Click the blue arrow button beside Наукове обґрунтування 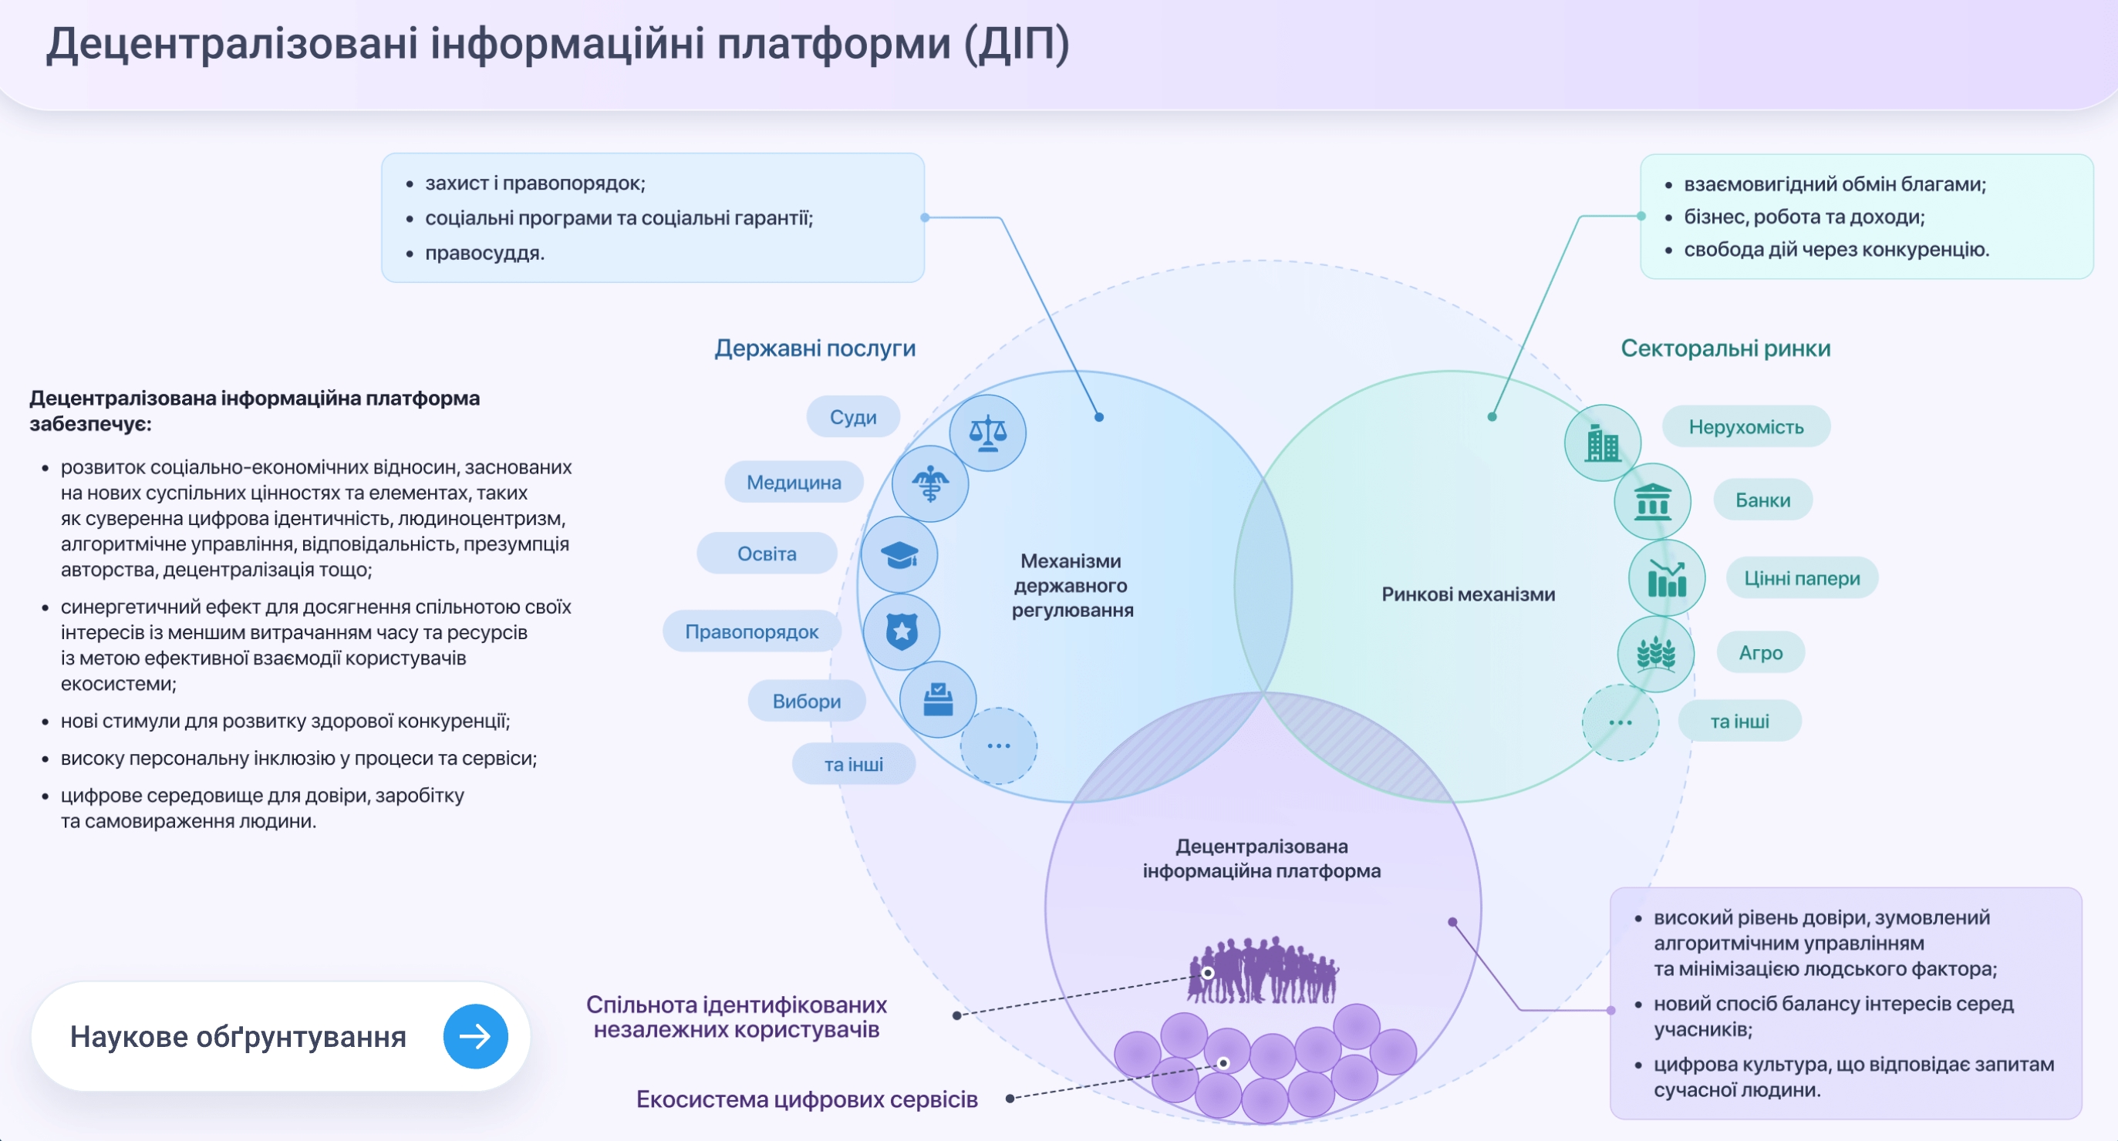(475, 1036)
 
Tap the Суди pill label (852, 418)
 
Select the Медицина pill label (794, 483)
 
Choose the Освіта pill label (767, 554)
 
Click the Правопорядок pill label (751, 631)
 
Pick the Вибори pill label (806, 702)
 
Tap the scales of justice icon (987, 433)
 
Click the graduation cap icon (899, 555)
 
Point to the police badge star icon (902, 631)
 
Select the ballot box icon (938, 699)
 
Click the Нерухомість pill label (1745, 426)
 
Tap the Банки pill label (1762, 500)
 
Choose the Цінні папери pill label (1802, 578)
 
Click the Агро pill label (1760, 653)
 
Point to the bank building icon (1652, 501)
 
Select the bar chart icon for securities (1667, 579)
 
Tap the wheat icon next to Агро (1655, 655)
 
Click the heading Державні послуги (814, 348)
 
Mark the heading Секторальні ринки (1725, 348)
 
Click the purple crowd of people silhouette (1263, 971)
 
